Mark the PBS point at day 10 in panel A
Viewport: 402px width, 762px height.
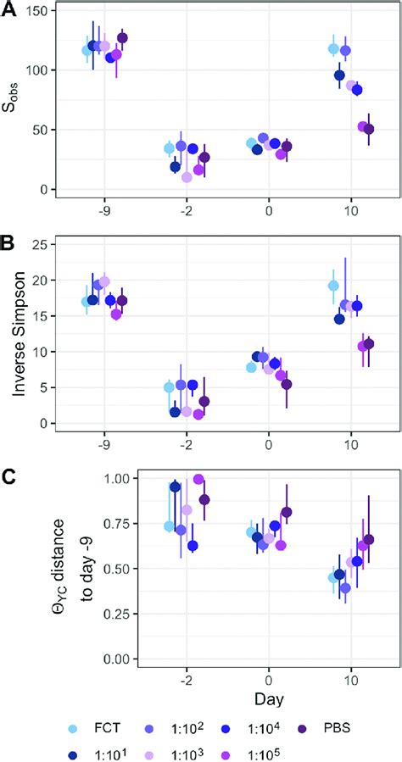tap(368, 129)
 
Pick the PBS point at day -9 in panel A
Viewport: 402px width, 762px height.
tap(122, 38)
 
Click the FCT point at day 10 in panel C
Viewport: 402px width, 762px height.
tap(333, 577)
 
